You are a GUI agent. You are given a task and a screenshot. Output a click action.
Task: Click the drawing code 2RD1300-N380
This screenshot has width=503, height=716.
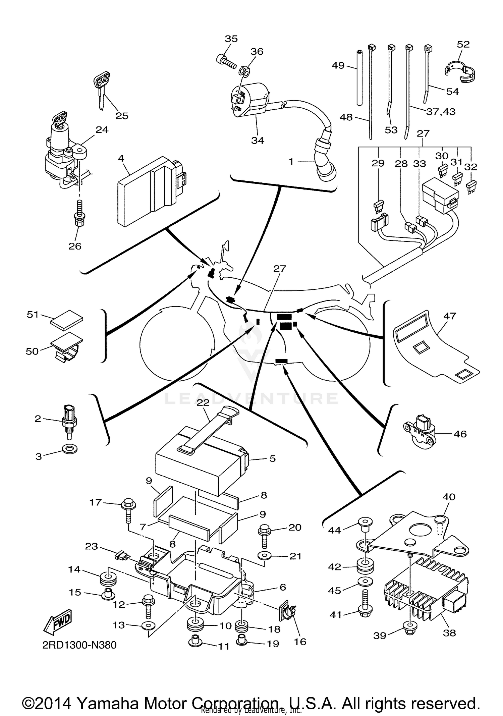[x=79, y=645]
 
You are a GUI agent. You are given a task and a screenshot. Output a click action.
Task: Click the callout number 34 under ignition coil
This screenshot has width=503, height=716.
[x=258, y=141]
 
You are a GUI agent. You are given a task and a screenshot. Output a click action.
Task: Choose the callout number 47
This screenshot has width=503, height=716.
[x=450, y=316]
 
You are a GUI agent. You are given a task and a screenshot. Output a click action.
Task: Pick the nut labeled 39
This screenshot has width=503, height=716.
[x=409, y=632]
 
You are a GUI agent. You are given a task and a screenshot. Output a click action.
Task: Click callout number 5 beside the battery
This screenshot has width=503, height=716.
[x=273, y=458]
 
